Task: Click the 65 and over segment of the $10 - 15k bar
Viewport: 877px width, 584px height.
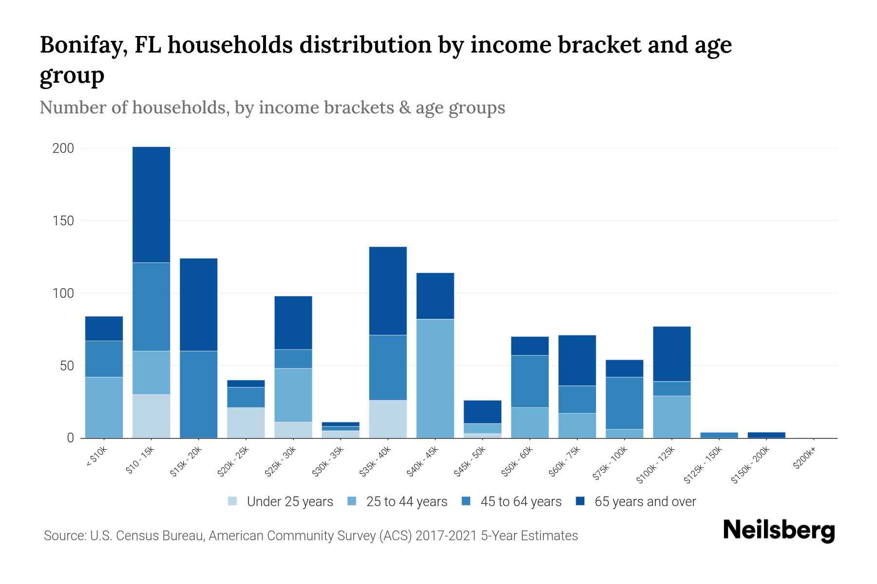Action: pyautogui.click(x=151, y=204)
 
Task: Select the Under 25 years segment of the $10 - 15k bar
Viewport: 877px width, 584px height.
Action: pyautogui.click(x=151, y=416)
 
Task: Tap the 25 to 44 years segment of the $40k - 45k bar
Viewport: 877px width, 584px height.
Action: pyautogui.click(x=435, y=379)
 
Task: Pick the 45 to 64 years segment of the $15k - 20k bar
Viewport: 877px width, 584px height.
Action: pyautogui.click(x=198, y=394)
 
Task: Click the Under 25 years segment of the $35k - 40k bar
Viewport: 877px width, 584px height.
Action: pyautogui.click(x=388, y=419)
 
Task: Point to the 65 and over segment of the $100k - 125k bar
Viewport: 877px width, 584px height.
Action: pyautogui.click(x=671, y=354)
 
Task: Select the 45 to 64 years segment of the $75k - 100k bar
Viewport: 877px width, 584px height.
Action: pyautogui.click(x=624, y=403)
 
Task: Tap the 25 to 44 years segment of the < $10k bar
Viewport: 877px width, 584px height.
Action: pyautogui.click(x=104, y=407)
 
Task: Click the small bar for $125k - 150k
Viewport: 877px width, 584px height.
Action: pyautogui.click(x=719, y=435)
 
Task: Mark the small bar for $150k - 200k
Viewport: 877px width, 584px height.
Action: pyautogui.click(x=766, y=435)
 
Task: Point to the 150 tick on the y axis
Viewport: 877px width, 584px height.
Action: pyautogui.click(x=63, y=221)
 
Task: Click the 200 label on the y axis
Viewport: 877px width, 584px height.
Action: pyautogui.click(x=63, y=148)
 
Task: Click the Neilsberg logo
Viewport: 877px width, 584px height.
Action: pyautogui.click(x=779, y=530)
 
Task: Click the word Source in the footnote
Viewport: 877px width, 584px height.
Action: pyautogui.click(x=64, y=536)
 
